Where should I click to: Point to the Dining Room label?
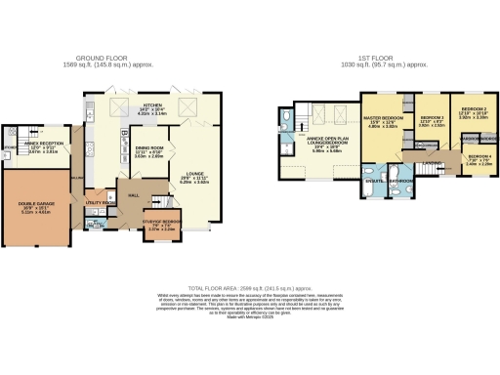(x=148, y=150)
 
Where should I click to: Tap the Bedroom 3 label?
(x=432, y=120)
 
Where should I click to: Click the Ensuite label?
(x=374, y=182)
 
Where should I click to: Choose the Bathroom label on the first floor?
(x=401, y=182)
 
